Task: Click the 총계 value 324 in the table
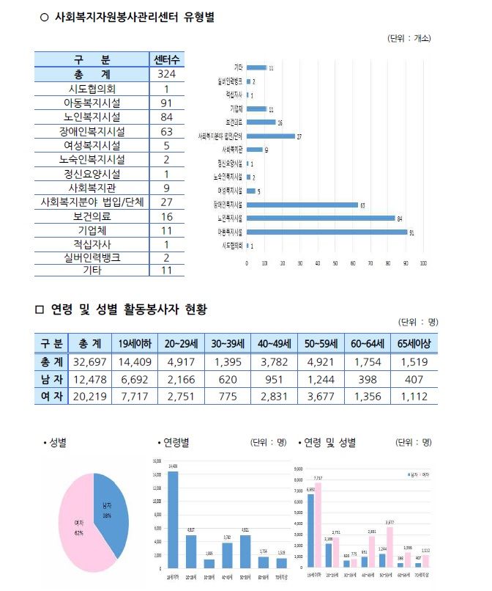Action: (166, 75)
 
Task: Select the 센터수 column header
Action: (166, 59)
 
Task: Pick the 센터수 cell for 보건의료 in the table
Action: (166, 216)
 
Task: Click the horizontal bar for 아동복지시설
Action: (327, 232)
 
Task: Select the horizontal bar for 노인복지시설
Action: (321, 219)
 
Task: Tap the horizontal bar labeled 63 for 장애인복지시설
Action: (302, 205)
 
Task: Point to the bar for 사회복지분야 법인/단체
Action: (270, 136)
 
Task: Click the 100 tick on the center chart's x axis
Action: (423, 263)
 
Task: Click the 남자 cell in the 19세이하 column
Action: (139, 380)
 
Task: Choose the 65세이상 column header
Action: (415, 343)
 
